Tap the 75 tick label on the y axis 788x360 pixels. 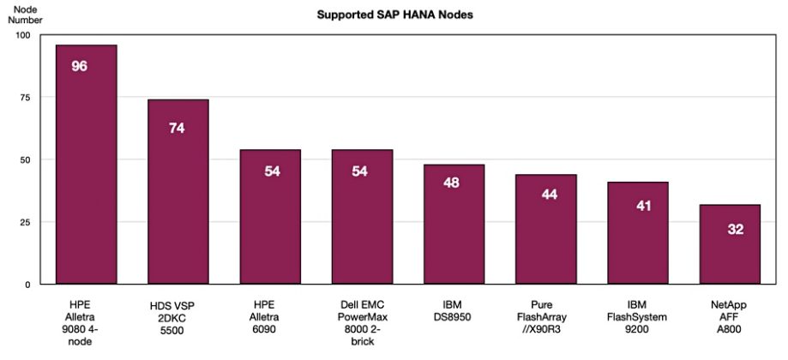[x=23, y=98]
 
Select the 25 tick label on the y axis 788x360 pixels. [x=23, y=222]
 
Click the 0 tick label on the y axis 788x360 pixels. [x=27, y=284]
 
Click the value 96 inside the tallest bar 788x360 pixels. [x=80, y=66]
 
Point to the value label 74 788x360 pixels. [x=177, y=129]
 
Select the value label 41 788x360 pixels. [x=637, y=207]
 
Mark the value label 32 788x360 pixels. [x=730, y=229]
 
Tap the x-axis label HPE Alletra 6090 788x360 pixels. [x=269, y=315]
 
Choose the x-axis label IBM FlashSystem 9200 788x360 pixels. [x=637, y=315]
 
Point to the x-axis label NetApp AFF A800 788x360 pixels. [x=730, y=315]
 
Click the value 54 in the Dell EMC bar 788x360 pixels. [x=361, y=171]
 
